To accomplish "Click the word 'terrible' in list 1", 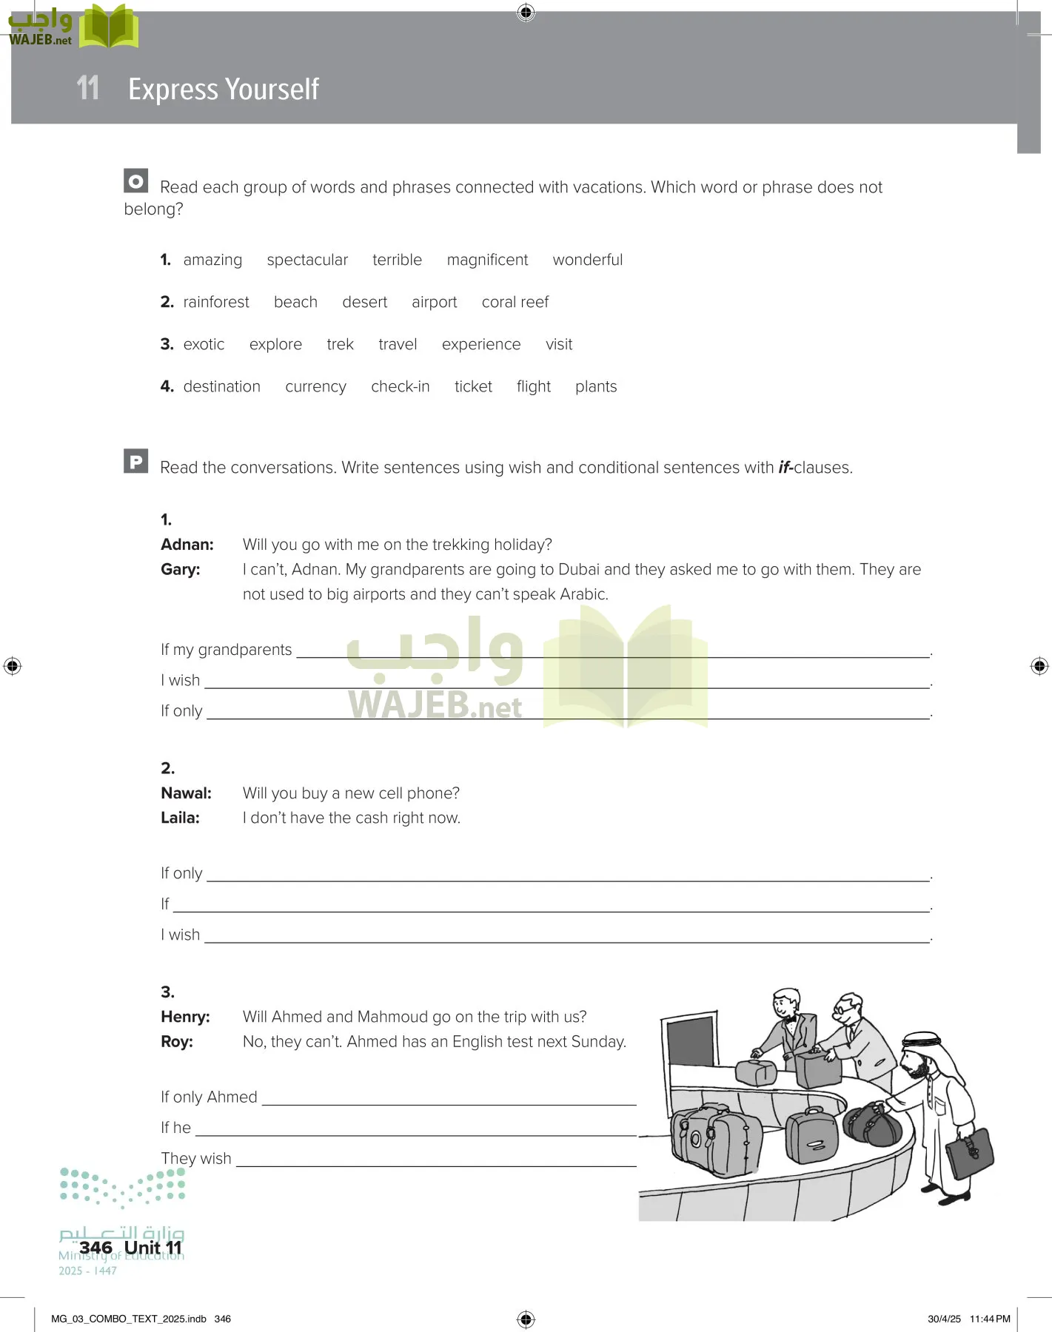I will click(397, 260).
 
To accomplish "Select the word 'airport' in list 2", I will click(434, 302).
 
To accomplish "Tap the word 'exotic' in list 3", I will click(204, 344).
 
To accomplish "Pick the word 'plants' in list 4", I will click(595, 386).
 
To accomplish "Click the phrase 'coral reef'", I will click(515, 302).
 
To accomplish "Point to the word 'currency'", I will click(315, 386).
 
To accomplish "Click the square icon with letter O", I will click(135, 181).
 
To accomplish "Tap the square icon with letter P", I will click(135, 462).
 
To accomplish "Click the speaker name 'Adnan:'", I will click(187, 545).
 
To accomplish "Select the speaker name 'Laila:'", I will click(180, 818).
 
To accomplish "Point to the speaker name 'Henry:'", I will click(185, 1017).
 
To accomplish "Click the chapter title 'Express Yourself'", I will click(223, 89).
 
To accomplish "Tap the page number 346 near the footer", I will click(96, 1248).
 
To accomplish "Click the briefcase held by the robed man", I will click(971, 1151).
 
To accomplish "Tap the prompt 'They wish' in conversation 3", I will click(196, 1158).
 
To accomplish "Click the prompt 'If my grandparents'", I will click(226, 650).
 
